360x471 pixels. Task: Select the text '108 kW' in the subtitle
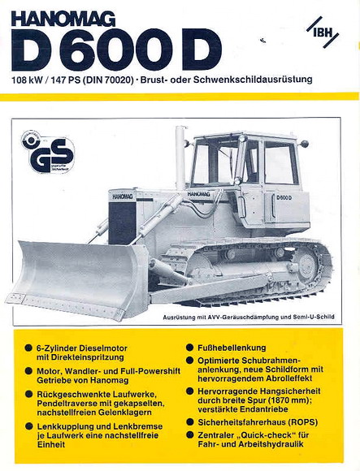tap(28, 80)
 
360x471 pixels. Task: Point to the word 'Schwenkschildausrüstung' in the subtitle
tap(258, 80)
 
